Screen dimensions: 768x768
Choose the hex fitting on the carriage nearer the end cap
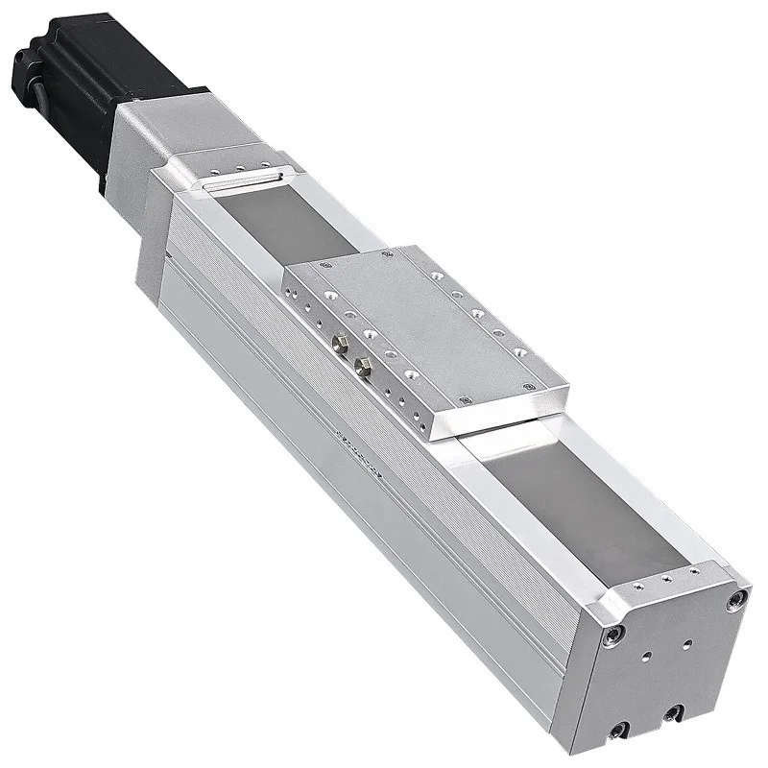point(363,363)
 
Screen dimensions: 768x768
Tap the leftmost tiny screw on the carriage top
point(327,262)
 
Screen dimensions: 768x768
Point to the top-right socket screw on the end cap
point(736,602)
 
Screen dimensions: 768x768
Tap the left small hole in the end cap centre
point(645,658)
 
